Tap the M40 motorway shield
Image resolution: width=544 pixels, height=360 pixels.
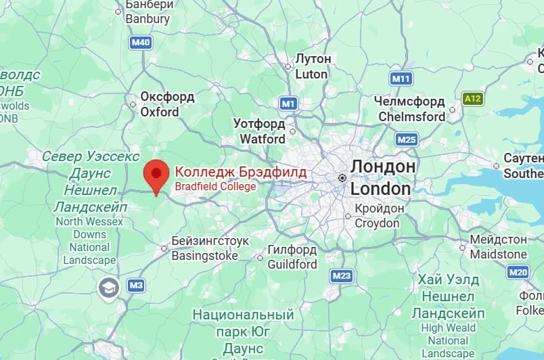141,43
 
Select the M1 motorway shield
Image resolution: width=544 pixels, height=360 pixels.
289,104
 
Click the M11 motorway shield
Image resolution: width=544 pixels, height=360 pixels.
401,78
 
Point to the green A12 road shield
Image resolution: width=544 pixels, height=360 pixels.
473,99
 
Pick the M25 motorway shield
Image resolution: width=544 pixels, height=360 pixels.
407,139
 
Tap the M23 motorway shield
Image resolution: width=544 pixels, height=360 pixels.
342,275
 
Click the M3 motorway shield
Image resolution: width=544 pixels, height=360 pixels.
136,286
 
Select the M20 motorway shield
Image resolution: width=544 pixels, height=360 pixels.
518,272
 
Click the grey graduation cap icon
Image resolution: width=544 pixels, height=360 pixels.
108,288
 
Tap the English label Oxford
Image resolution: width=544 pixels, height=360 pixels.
160,112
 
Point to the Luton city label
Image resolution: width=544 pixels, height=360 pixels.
311,74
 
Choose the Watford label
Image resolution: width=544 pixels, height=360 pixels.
263,139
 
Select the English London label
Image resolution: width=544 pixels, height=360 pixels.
380,188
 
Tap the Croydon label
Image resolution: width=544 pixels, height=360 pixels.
377,223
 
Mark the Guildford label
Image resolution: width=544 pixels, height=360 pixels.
292,264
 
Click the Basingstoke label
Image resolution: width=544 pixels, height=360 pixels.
204,256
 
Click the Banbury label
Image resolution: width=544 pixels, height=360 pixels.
148,19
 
